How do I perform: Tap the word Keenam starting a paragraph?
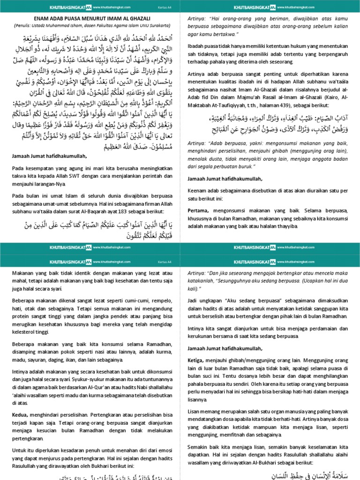click(198, 191)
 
